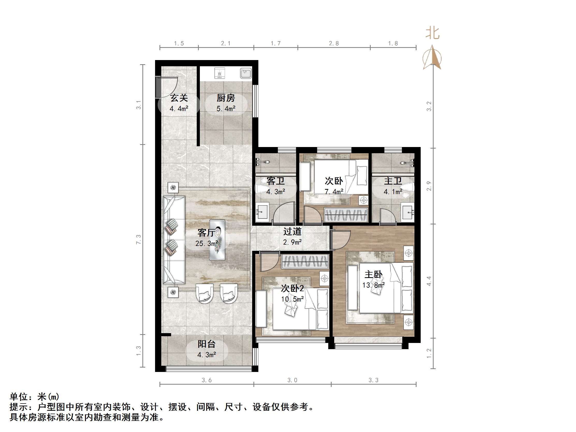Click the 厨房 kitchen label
pos(226,98)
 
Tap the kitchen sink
pos(246,73)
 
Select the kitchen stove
pos(220,73)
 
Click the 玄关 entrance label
pos(179,98)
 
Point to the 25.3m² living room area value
pos(207,244)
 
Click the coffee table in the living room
pos(217,240)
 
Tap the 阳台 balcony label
pos(207,344)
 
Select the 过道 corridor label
pos(292,231)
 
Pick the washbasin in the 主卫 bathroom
pos(408,212)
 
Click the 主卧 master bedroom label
pos(373,274)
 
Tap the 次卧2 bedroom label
pos(292,288)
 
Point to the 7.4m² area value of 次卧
pos(334,192)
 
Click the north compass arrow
pos(432,57)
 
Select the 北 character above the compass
pos(433,33)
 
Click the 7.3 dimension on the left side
pos(138,239)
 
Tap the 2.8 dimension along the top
pos(334,43)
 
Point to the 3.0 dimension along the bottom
pos(292,380)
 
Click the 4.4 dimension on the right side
pos(429,281)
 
